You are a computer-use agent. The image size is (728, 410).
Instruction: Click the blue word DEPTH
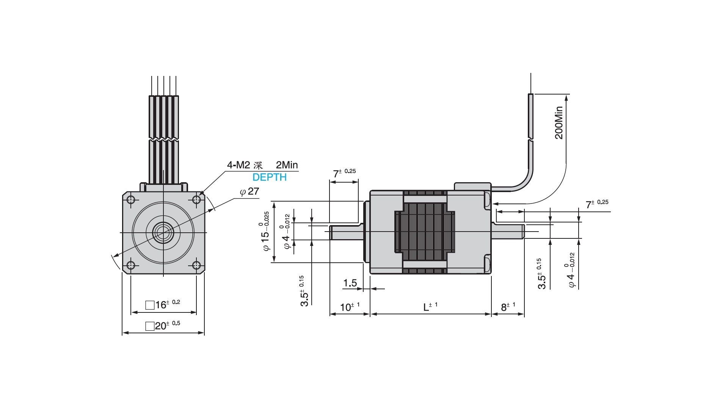pyautogui.click(x=270, y=177)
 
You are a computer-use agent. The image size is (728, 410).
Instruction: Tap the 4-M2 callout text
pyautogui.click(x=238, y=165)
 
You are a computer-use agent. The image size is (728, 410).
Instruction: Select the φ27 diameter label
pyautogui.click(x=249, y=192)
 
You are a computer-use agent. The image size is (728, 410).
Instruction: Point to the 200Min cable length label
pyautogui.click(x=559, y=123)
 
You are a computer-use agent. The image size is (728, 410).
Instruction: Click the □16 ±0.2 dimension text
pyautogui.click(x=163, y=304)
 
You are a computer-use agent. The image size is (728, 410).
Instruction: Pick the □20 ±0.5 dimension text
pyautogui.click(x=163, y=325)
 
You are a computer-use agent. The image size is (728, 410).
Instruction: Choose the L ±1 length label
pyautogui.click(x=430, y=306)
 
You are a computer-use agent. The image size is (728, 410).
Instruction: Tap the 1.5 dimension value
pyautogui.click(x=350, y=283)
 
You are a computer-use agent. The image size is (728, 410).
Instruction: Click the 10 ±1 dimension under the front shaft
pyautogui.click(x=350, y=307)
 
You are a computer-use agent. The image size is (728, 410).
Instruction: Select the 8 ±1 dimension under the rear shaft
pyautogui.click(x=508, y=306)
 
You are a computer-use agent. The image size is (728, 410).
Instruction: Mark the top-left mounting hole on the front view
pyautogui.click(x=131, y=200)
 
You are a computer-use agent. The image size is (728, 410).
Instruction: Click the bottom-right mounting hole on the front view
pyautogui.click(x=196, y=265)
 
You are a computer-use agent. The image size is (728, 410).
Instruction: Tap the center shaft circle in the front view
pyautogui.click(x=163, y=232)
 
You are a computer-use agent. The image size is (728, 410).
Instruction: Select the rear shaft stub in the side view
pyautogui.click(x=508, y=231)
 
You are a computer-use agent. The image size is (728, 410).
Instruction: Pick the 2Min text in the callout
pyautogui.click(x=287, y=165)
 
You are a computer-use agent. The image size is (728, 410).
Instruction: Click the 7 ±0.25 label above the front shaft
pyautogui.click(x=344, y=173)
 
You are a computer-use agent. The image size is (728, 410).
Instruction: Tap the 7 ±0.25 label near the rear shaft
pyautogui.click(x=597, y=204)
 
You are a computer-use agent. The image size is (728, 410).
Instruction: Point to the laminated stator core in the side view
pyautogui.click(x=425, y=232)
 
